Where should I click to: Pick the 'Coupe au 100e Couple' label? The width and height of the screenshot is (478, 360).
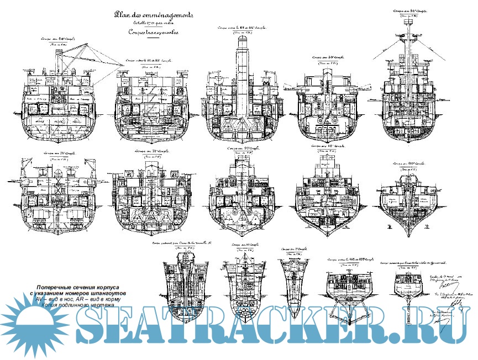(407, 164)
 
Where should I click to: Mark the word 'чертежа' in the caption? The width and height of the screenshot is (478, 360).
(101, 305)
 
